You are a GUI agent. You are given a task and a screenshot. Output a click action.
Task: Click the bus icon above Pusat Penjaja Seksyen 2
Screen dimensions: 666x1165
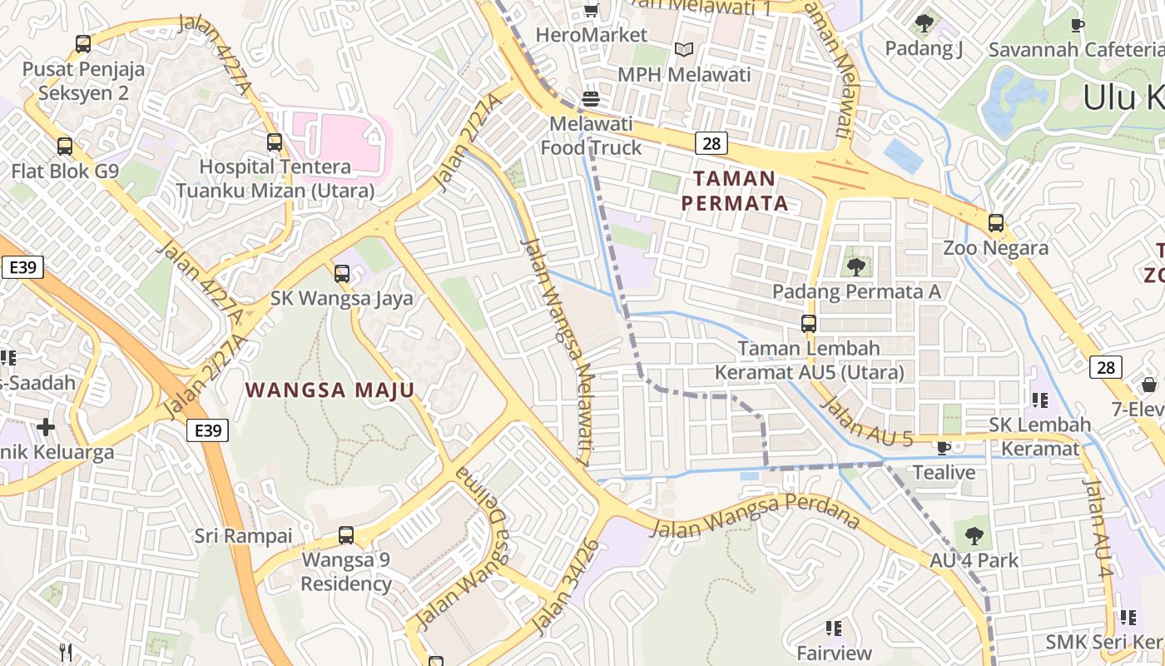[82, 44]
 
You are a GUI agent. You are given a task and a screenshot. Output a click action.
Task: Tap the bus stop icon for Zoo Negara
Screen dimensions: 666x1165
[995, 223]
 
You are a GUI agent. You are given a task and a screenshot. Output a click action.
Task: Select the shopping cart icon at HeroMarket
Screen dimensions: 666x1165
[591, 11]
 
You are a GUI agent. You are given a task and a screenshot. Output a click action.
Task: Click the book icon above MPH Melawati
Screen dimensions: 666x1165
[684, 50]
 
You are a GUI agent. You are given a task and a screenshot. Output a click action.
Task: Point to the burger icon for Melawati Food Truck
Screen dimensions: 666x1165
[591, 99]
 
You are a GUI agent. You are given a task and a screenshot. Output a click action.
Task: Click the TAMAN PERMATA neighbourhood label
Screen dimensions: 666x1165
[734, 191]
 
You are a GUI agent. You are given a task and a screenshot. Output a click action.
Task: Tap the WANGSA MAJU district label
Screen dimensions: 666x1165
[330, 390]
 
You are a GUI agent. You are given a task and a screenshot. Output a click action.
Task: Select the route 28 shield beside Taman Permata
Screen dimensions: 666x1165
[711, 143]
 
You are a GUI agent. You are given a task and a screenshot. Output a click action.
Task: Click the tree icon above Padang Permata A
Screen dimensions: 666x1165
[855, 267]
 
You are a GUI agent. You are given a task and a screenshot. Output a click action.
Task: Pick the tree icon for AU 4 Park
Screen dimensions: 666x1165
[974, 536]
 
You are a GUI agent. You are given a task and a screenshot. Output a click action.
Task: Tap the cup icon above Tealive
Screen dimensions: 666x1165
[943, 448]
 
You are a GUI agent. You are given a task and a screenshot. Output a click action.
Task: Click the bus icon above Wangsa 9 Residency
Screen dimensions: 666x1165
[345, 535]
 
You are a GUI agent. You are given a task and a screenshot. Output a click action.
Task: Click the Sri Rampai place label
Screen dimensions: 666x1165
[243, 535]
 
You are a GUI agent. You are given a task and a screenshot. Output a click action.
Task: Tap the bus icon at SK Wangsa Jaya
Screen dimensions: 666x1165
[341, 274]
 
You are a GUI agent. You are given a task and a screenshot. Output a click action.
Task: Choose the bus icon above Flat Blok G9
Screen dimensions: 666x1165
[64, 147]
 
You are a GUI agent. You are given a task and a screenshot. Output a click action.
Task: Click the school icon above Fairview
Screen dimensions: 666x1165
[834, 628]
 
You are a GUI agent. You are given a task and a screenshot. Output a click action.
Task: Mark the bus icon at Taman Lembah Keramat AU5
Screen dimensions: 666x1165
[808, 324]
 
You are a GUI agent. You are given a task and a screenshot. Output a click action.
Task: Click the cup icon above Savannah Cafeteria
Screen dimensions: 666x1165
[1078, 25]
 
